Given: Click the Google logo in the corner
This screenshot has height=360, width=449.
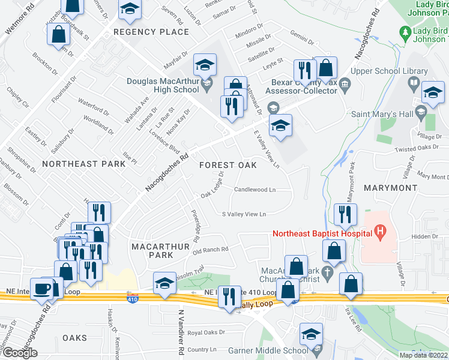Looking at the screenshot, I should [x=19, y=353].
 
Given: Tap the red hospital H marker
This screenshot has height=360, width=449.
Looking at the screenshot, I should [x=379, y=230].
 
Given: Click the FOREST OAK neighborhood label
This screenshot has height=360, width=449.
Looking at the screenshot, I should [x=228, y=164].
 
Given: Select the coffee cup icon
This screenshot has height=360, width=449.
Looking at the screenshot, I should [x=42, y=289].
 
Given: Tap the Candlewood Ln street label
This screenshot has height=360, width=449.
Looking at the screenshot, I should [x=255, y=190].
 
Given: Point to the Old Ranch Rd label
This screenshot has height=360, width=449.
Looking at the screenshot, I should [x=211, y=250].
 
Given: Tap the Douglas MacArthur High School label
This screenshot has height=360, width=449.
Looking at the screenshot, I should [x=162, y=86].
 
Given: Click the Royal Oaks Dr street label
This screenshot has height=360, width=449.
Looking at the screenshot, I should [x=206, y=332].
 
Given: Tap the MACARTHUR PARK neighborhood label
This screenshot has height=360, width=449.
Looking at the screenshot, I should [x=152, y=251].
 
